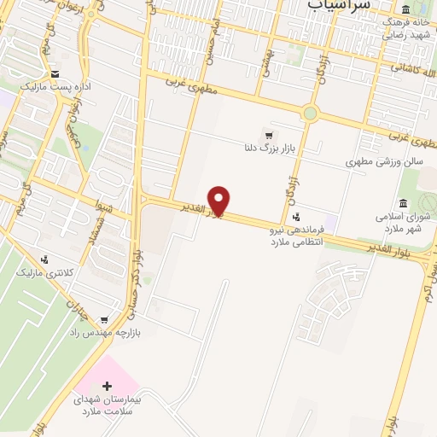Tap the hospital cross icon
pos(107,386)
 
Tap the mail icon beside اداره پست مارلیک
pos(55,73)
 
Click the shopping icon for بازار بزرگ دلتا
pos(270,136)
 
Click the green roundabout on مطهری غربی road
pos(310,112)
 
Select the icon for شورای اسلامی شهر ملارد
pos(403,203)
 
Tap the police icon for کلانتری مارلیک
pos(44,259)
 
